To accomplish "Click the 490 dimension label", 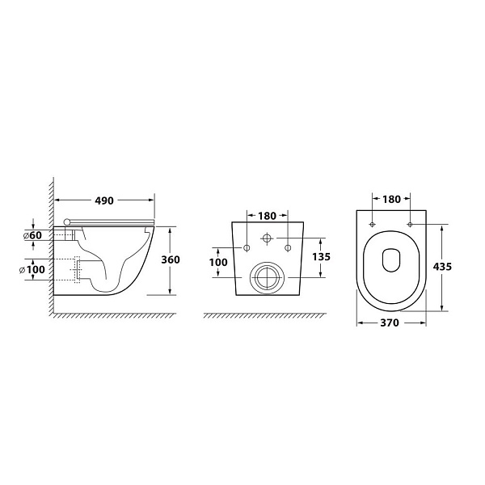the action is (x=104, y=200).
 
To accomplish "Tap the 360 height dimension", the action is (x=171, y=259).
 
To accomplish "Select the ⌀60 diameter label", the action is (x=32, y=235).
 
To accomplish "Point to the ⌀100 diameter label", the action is (x=32, y=269).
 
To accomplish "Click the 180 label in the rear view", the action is (x=267, y=216).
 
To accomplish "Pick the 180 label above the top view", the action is (x=391, y=200).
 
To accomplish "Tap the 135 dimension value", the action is (x=322, y=257).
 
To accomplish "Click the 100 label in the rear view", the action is (x=218, y=262).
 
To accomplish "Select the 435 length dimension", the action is (x=443, y=266).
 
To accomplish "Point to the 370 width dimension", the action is (x=390, y=323).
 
